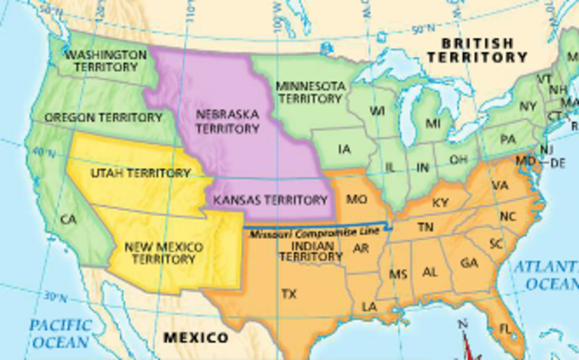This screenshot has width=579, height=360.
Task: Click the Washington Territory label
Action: [x=106, y=62]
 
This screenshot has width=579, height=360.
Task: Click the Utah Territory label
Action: [x=140, y=172]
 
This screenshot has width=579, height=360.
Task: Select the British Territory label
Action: [x=477, y=49]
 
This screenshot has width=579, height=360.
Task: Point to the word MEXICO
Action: [x=195, y=337]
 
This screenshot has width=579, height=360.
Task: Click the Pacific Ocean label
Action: [x=58, y=333]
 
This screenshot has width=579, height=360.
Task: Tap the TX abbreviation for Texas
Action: [x=289, y=294]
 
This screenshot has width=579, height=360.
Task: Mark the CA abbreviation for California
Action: [x=67, y=219]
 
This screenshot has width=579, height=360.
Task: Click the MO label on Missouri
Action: [x=357, y=197]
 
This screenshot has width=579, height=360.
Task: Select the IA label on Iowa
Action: [x=344, y=149]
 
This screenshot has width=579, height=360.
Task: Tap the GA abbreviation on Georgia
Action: [x=469, y=262]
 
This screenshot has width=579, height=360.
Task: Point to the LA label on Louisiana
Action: [x=369, y=307]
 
